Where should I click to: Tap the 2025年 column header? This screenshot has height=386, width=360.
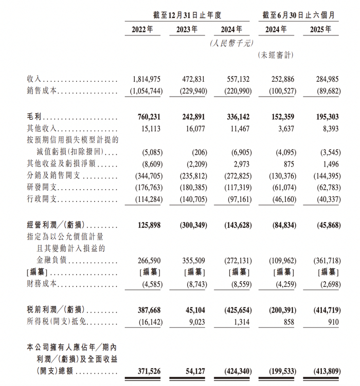[321, 29]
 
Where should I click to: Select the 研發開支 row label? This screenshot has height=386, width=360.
[41, 188]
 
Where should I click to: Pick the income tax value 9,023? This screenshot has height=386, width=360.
[194, 322]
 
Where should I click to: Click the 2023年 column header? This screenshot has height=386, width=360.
[187, 29]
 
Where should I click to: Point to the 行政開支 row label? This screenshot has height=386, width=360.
[41, 199]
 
